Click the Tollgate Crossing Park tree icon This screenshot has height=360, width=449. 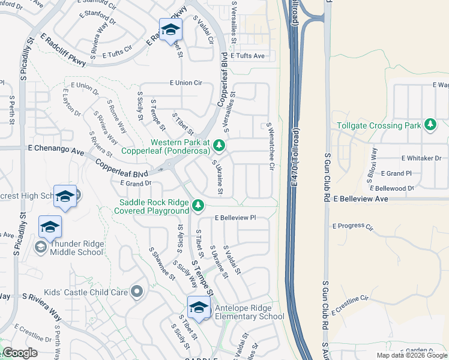click(430, 125)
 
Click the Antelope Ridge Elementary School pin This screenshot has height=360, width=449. click(199, 307)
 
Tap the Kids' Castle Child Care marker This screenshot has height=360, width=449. click(137, 292)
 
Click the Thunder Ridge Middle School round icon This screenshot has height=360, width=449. click(40, 246)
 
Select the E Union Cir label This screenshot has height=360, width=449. click(185, 83)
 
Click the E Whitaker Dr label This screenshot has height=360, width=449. click(421, 158)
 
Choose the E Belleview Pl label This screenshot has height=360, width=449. click(235, 218)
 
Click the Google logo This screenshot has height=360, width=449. click(20, 353)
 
